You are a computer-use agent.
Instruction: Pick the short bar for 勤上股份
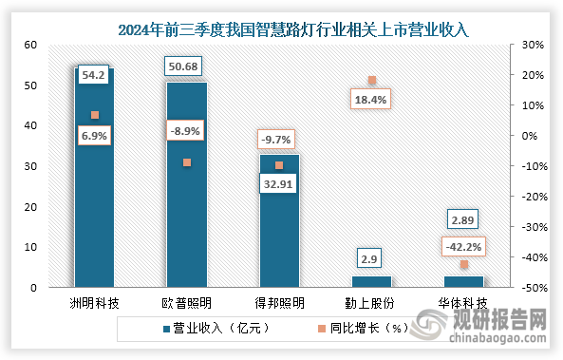371,282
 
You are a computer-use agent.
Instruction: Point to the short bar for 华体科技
464,282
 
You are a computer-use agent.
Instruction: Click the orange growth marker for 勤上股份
372,80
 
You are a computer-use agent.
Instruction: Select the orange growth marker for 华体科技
464,264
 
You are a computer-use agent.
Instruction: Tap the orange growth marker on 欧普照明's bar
187,162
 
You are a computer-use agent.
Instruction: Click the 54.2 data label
93,75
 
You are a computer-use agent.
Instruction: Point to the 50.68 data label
183,66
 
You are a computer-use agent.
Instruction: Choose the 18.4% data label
370,100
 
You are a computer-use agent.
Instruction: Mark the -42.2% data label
463,247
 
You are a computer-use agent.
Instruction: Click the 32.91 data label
278,184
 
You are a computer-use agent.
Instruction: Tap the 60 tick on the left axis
31,45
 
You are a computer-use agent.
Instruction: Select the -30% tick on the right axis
535,227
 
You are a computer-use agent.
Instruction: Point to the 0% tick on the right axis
530,136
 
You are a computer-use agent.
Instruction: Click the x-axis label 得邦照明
279,304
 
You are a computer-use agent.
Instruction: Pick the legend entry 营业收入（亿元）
216,328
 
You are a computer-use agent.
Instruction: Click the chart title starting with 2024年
293,29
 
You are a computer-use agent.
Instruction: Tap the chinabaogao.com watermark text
497,338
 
